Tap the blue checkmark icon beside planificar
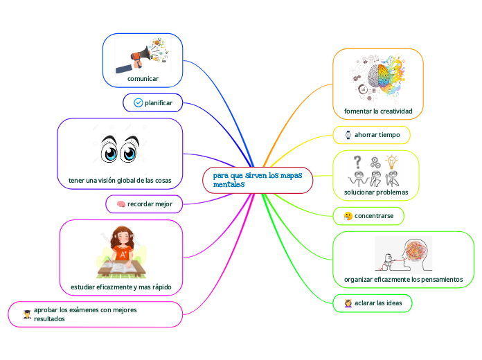[x=137, y=103]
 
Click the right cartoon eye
[x=130, y=150]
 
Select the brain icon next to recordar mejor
[x=120, y=204]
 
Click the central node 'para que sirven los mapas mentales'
[x=258, y=180]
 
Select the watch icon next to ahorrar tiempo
[x=348, y=134]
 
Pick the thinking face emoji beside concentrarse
[x=348, y=217]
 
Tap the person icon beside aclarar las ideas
[x=348, y=303]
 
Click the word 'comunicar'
[x=143, y=79]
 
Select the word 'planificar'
[x=158, y=103]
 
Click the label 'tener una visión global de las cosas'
[x=120, y=181]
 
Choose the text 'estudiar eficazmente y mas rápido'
[x=121, y=287]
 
